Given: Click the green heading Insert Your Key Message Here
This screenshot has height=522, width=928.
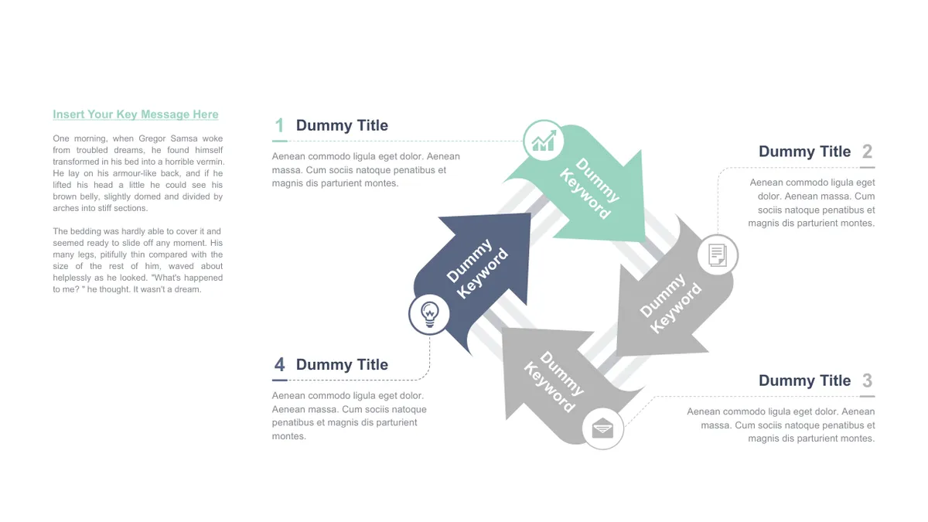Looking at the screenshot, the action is [x=135, y=114].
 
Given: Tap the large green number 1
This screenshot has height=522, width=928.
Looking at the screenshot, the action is [x=280, y=125].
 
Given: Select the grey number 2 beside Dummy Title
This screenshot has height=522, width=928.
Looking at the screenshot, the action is [x=867, y=152].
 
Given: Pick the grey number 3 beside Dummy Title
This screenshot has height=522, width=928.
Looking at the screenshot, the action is [x=867, y=380].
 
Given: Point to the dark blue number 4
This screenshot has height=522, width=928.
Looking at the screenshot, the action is [x=280, y=365].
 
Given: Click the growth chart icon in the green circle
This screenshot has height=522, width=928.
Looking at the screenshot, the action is [x=544, y=141].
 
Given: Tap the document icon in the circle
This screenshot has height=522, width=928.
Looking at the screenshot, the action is [x=718, y=254].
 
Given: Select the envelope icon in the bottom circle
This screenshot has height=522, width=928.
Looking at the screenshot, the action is [x=602, y=428].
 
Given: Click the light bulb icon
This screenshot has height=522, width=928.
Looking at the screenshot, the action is [x=430, y=315].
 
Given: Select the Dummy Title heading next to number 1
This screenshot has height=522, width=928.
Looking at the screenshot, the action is [x=342, y=125].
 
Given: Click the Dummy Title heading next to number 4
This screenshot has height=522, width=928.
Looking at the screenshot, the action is [x=342, y=365].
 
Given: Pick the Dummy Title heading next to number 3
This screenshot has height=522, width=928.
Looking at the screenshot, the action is [x=804, y=380].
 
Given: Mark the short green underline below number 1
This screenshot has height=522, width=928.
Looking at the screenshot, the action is [x=280, y=142].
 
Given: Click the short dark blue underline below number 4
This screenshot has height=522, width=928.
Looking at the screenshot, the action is [x=280, y=380].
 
